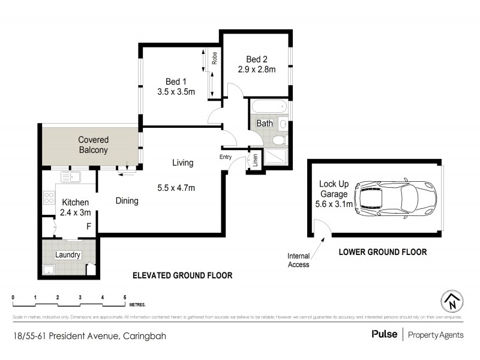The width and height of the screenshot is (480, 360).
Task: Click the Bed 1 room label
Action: [176, 82]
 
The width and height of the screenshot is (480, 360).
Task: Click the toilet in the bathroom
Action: [278, 140]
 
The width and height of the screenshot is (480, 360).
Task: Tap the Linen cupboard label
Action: [255, 161]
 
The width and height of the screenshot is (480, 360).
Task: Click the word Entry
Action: [226, 157]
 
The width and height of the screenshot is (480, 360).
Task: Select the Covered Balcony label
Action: [93, 145]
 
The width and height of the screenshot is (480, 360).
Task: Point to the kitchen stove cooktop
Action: [48, 199]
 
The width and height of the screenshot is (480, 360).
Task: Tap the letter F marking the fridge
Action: [89, 226]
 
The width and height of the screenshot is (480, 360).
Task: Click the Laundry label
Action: [68, 255]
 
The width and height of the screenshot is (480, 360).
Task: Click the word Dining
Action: [127, 201]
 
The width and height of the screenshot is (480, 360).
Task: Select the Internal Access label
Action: [298, 260]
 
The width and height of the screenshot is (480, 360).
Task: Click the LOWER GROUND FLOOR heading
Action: [383, 253]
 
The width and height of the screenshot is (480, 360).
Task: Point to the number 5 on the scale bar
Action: [124, 298]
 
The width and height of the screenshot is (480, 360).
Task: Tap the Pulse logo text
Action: [384, 335]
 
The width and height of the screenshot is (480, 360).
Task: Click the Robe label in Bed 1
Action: [214, 59]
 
